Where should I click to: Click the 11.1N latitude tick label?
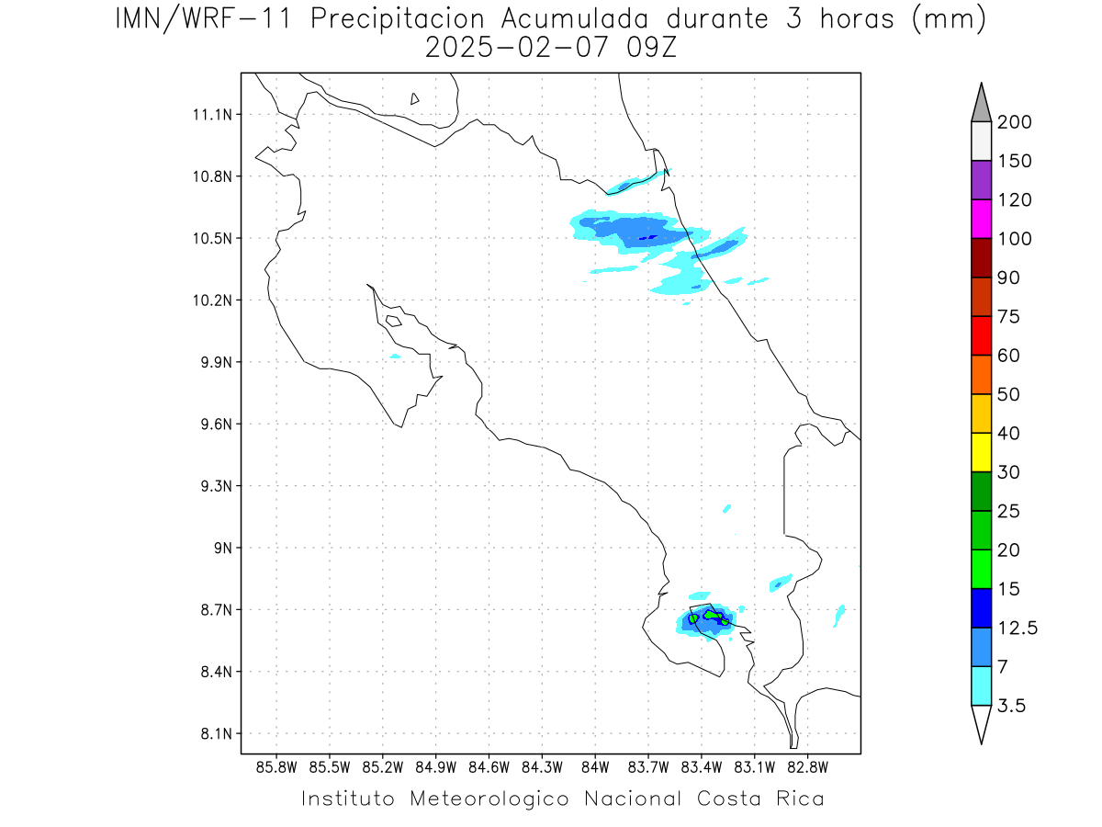point(212,115)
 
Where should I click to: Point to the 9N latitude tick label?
point(223,548)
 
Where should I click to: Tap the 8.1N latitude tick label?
point(217,733)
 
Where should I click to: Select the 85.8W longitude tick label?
point(276,768)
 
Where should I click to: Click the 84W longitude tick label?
point(595,768)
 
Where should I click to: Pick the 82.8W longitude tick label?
point(807,768)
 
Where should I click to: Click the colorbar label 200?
point(1014,122)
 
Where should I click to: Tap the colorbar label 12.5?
point(1018,629)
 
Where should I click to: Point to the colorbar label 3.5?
point(1011,706)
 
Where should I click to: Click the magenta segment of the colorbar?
point(981,219)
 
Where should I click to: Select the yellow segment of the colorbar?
point(981,452)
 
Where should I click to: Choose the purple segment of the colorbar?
point(981,180)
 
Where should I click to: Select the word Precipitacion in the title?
point(397,20)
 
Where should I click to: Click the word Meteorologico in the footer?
point(489,799)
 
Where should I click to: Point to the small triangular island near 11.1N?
point(414,99)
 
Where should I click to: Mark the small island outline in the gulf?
point(394,321)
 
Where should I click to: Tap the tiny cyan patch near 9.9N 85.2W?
point(395,357)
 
